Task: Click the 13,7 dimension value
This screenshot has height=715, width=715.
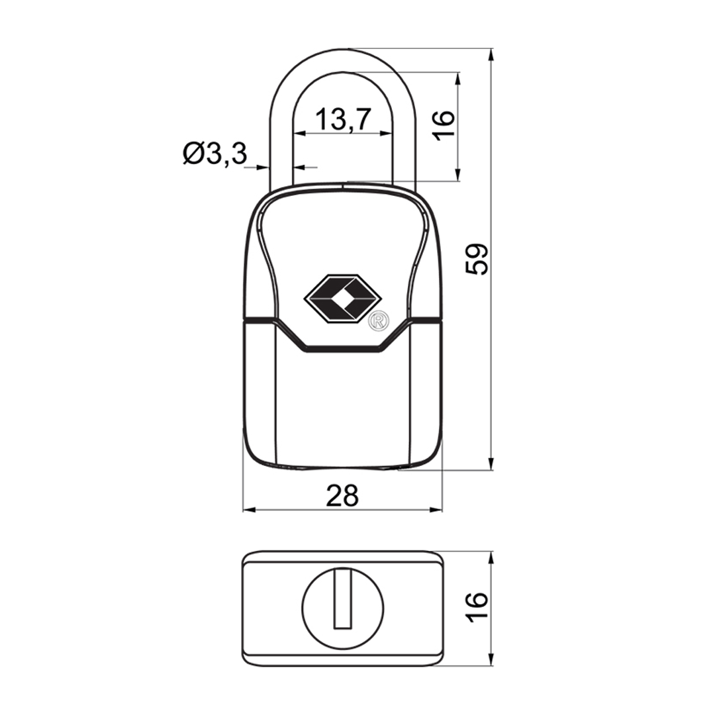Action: (x=342, y=119)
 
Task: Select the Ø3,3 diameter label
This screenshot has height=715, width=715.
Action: (x=215, y=153)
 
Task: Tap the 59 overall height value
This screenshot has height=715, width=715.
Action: (x=477, y=260)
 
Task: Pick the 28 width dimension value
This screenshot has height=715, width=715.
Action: (x=342, y=496)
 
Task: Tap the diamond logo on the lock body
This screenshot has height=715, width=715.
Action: (x=342, y=299)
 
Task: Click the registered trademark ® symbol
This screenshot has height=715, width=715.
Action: (x=379, y=320)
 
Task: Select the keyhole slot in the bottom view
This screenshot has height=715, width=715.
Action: (x=342, y=598)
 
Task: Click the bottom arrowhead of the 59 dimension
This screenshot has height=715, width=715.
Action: (x=491, y=463)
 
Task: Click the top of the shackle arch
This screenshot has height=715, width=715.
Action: (x=342, y=49)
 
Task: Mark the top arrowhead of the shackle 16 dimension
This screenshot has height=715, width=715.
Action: (x=458, y=78)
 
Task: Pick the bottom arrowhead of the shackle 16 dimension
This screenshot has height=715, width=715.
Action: (x=458, y=175)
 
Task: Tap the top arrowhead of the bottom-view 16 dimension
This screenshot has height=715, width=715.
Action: (x=491, y=558)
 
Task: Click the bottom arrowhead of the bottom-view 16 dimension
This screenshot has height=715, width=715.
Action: (x=491, y=660)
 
